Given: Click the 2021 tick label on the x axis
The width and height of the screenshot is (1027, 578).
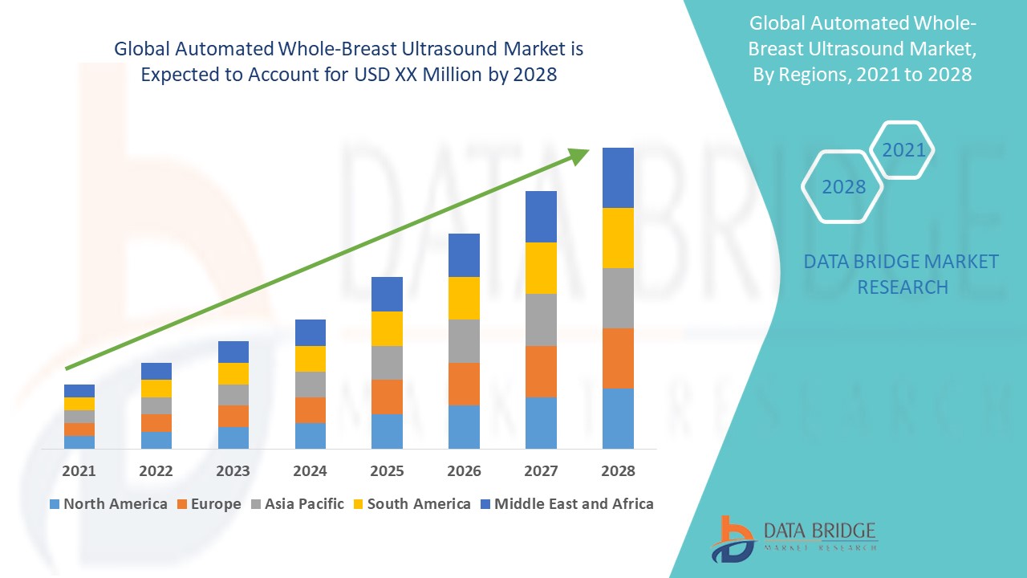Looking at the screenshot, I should click(79, 471).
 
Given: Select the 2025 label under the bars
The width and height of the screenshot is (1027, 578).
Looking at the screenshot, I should click(387, 471).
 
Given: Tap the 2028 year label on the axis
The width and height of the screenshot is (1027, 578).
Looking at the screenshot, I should click(618, 471).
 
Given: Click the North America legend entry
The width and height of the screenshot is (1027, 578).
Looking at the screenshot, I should click(108, 504).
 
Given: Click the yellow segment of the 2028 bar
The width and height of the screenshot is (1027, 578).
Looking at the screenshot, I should click(618, 238).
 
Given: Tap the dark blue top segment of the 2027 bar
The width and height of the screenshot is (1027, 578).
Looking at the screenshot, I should click(541, 217).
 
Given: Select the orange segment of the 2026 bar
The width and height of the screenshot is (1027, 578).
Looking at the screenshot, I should click(464, 384).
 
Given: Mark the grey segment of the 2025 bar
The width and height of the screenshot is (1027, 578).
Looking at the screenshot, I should click(387, 362).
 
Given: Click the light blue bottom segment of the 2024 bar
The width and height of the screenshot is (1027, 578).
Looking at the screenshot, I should click(310, 435).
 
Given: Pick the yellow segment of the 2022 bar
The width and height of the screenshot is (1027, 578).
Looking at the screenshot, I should click(156, 389).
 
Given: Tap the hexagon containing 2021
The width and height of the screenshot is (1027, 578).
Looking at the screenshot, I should click(903, 150).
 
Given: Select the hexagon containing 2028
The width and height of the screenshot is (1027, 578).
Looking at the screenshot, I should click(842, 186).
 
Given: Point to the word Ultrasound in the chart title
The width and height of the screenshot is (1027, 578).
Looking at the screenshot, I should click(445, 49).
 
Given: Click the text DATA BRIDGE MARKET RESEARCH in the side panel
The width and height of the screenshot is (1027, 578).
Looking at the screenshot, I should click(901, 274).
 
